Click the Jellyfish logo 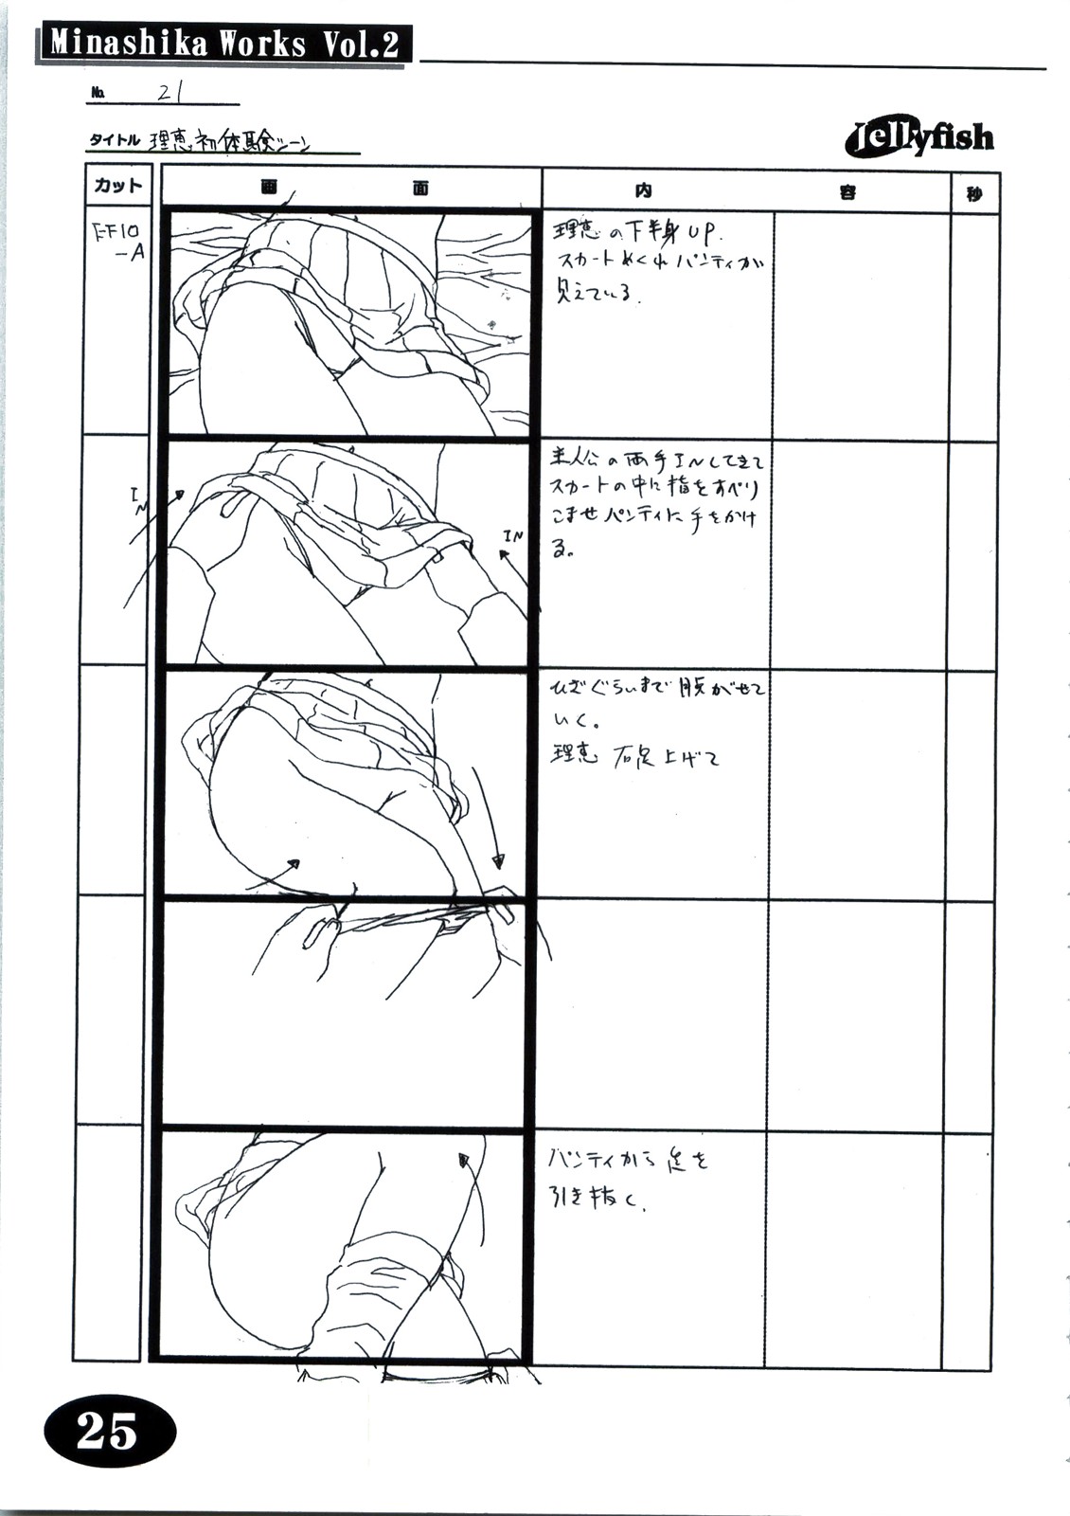tap(918, 139)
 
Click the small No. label tap(98, 93)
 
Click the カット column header tap(117, 186)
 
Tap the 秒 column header tap(974, 193)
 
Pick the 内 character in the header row tap(643, 190)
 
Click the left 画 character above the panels tap(269, 187)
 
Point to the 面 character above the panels tap(420, 188)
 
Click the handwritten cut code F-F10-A tap(119, 242)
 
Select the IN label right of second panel tap(512, 536)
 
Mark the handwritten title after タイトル tap(230, 142)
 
